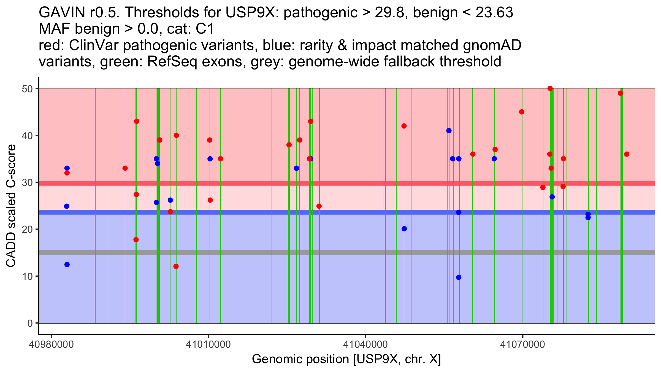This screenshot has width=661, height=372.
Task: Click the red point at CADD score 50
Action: tap(550, 88)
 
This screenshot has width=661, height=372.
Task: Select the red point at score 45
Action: tap(522, 112)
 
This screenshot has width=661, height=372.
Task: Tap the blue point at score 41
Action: tap(449, 131)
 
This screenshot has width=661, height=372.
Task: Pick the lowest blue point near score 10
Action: tap(459, 277)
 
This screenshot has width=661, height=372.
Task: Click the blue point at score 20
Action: tap(404, 229)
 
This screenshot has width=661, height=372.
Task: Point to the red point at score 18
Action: tap(136, 240)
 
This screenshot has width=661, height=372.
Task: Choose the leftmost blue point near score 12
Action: tap(67, 265)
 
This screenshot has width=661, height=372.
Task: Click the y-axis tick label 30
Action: tap(27, 183)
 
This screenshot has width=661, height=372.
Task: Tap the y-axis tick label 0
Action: tap(30, 323)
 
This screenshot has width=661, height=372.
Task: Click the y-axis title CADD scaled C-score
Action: tap(11, 206)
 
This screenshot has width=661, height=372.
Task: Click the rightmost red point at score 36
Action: tap(627, 154)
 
